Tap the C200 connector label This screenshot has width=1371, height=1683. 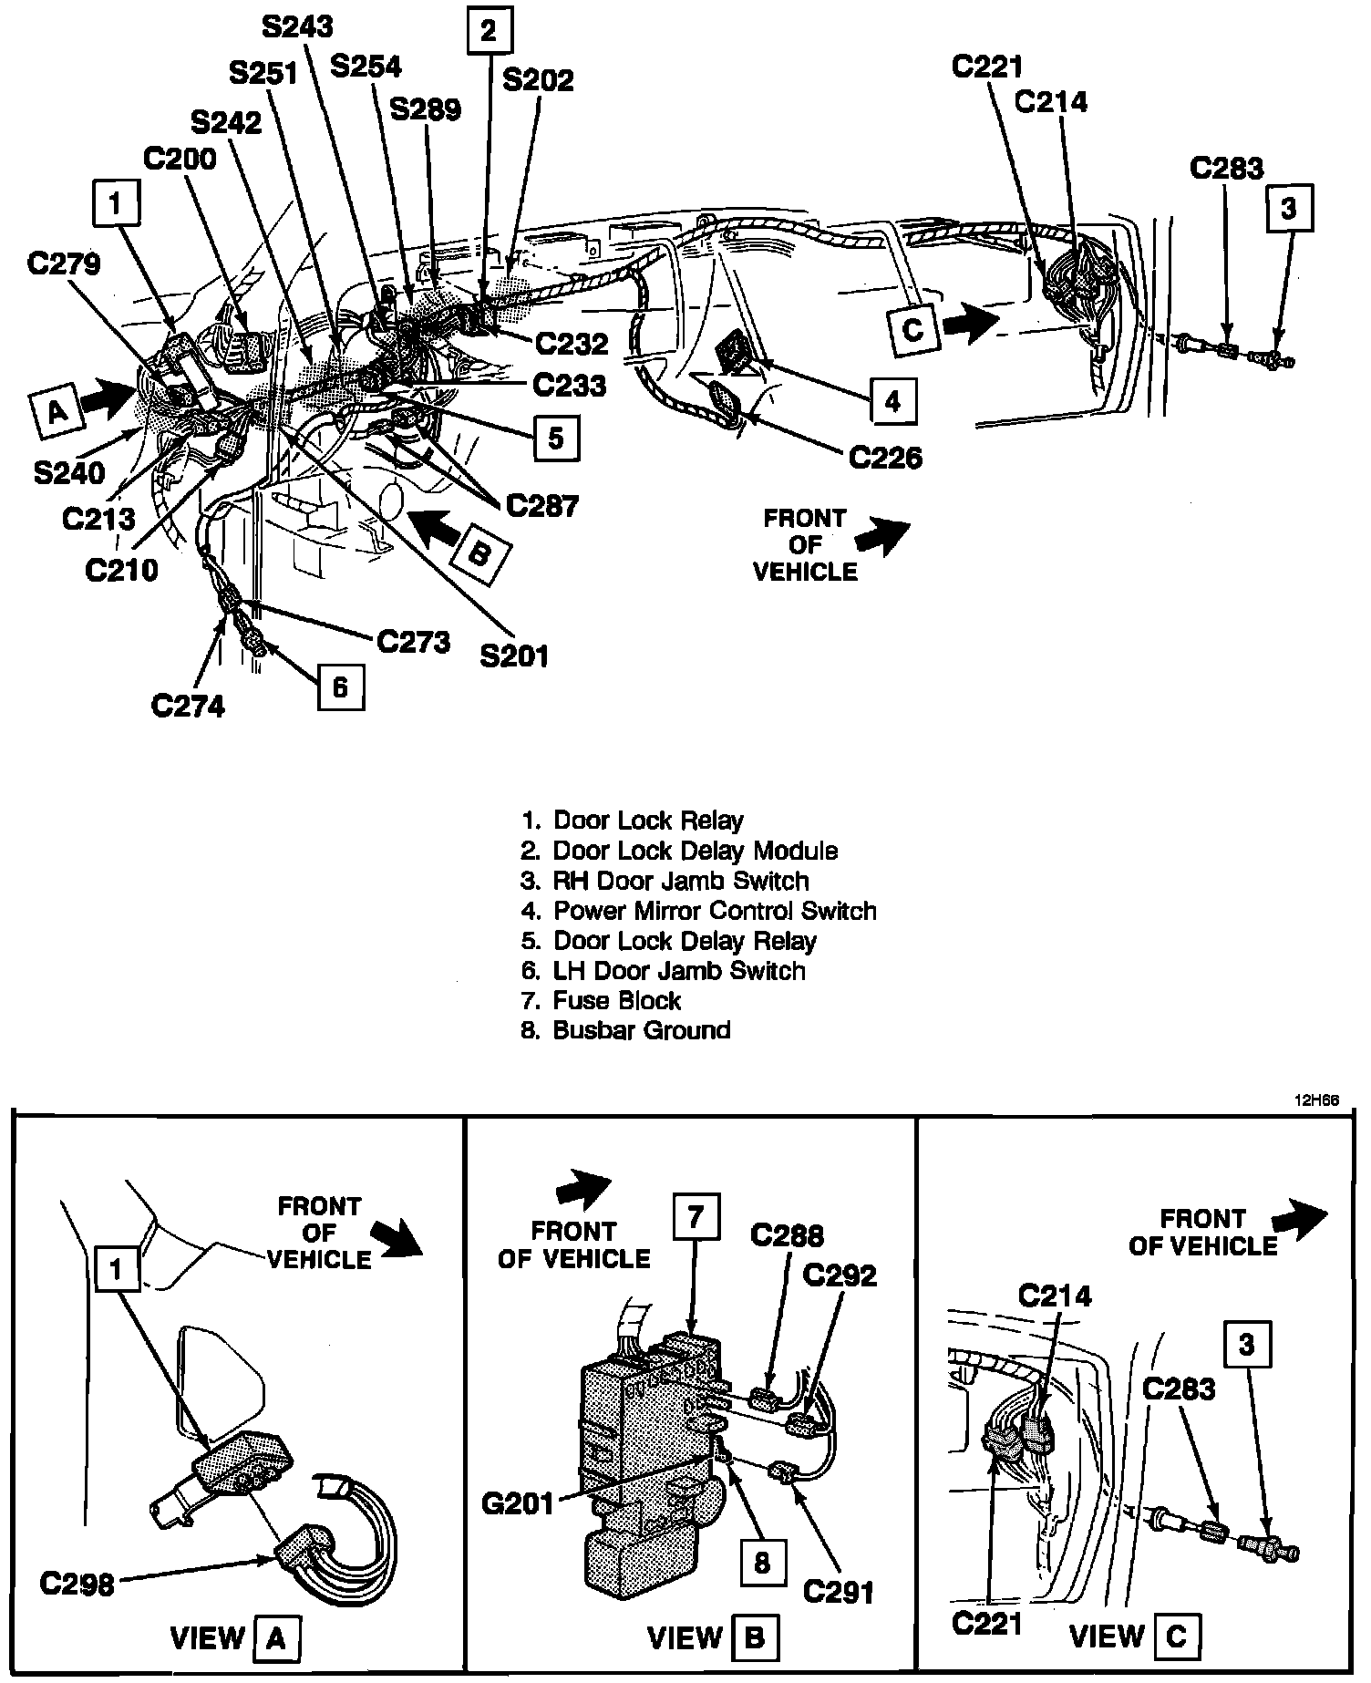tap(180, 159)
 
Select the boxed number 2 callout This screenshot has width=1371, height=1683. tap(490, 32)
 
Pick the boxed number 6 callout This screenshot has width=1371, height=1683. tap(340, 686)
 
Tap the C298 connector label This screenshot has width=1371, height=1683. tap(77, 1584)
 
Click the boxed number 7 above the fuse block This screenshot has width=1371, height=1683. tap(694, 1218)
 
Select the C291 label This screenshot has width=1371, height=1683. tap(838, 1590)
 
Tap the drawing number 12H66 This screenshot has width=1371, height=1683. tap(1316, 1100)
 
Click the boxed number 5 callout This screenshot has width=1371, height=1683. tap(555, 439)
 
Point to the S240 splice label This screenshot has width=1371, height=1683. tap(69, 471)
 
